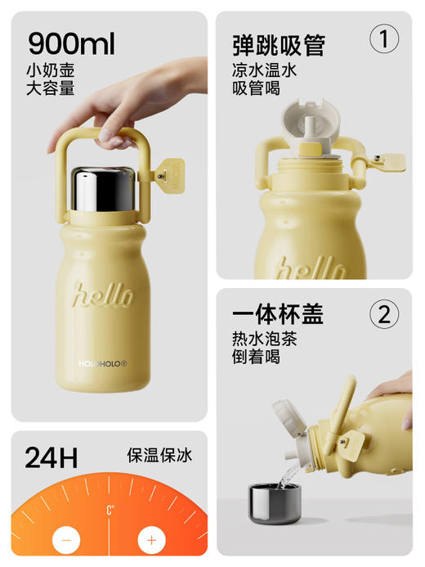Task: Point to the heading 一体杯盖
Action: [x=278, y=314]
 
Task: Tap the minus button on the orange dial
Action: [x=65, y=539]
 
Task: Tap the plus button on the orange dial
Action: [x=150, y=539]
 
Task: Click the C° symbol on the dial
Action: [x=109, y=510]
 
